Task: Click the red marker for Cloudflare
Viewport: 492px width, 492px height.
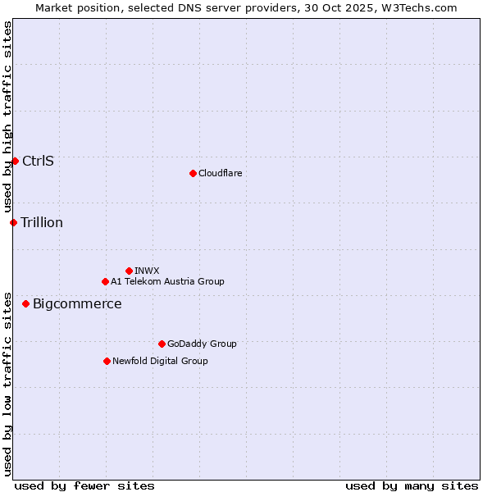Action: click(193, 173)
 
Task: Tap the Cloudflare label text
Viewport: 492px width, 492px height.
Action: click(220, 173)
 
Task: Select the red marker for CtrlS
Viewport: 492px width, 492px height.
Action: click(15, 161)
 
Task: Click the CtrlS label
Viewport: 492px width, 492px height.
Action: click(38, 161)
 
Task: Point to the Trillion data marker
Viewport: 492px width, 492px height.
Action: click(13, 222)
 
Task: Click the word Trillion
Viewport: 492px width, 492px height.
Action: click(42, 222)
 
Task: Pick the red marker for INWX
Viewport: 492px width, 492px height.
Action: click(129, 271)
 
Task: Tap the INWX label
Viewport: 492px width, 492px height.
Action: click(147, 271)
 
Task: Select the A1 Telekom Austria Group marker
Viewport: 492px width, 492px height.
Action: click(105, 281)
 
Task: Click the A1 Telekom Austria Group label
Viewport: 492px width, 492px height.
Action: click(167, 281)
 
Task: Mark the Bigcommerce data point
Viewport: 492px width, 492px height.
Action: click(25, 303)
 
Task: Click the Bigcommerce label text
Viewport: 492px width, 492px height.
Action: click(77, 304)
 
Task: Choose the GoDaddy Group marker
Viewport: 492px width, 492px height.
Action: click(162, 344)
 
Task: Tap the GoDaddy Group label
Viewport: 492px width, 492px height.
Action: click(202, 344)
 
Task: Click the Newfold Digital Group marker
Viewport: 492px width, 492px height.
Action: click(107, 361)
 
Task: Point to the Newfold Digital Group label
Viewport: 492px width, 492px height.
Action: click(160, 361)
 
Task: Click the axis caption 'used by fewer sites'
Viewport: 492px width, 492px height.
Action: click(84, 485)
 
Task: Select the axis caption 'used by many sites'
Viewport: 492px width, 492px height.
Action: click(412, 485)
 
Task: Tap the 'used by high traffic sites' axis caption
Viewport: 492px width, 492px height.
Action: click(7, 116)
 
